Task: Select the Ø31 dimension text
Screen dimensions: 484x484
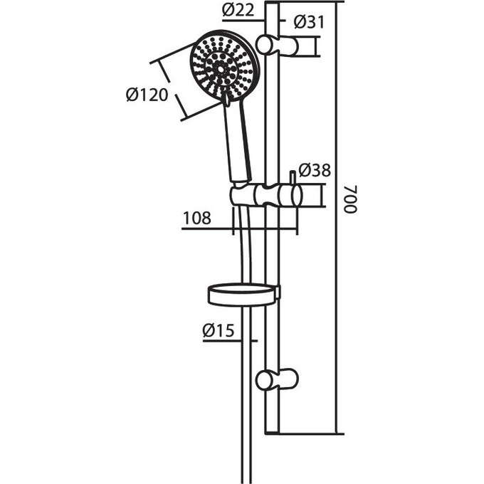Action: tap(310, 23)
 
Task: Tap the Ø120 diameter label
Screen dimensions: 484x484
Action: tap(147, 95)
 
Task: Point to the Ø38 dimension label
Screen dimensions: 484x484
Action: tap(315, 170)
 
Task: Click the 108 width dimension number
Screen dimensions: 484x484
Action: tap(197, 218)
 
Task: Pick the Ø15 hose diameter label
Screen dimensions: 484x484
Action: tap(219, 330)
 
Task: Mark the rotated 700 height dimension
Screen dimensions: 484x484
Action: tap(351, 199)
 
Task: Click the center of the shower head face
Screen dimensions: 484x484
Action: tap(221, 68)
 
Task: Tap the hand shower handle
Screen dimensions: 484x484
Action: tap(237, 141)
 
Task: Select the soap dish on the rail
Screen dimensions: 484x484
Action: tap(244, 295)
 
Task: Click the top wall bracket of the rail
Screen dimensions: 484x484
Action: tap(277, 46)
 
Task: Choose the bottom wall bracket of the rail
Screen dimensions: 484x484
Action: tap(277, 379)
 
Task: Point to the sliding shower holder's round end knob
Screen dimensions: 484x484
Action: tap(295, 196)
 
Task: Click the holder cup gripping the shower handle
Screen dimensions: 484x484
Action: tap(244, 194)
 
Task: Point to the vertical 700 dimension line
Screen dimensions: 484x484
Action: tap(337, 218)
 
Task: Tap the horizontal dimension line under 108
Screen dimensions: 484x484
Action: tap(240, 229)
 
